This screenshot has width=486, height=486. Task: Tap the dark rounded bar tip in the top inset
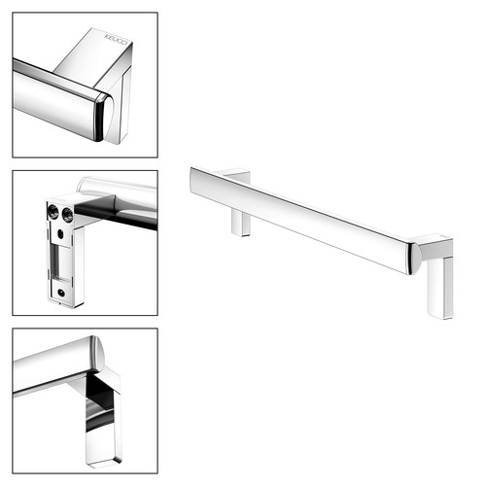coord(101,118)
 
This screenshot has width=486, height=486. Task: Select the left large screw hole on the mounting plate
coord(52,212)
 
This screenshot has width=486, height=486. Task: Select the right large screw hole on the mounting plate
coord(67,215)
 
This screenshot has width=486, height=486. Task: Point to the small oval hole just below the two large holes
coord(60,233)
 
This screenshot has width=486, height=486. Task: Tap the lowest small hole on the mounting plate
coord(60,294)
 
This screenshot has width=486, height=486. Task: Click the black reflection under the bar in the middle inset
coord(117,215)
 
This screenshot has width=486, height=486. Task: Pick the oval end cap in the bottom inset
coord(98,353)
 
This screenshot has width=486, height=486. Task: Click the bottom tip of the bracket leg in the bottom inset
coord(104,464)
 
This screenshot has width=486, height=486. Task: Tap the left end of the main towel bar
coord(191,180)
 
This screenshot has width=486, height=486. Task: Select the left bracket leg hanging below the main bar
coord(241,223)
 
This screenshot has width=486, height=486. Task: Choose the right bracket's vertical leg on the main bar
coord(440,287)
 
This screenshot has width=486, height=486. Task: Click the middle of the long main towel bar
coord(299,221)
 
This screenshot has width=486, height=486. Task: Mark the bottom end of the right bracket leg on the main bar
coord(440,317)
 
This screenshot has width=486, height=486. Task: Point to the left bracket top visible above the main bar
coord(237,174)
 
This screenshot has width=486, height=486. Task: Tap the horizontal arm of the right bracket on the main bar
coord(434,247)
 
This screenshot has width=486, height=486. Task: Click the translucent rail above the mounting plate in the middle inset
coord(118,188)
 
